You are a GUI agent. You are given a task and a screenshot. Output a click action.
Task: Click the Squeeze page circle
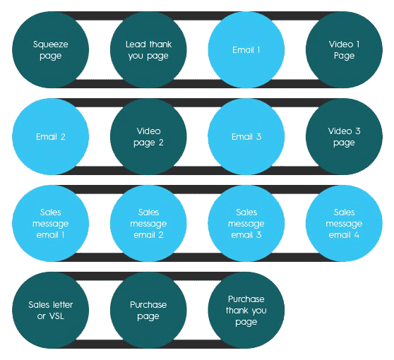(51, 49)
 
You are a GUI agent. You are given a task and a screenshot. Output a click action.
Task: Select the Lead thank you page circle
(148, 49)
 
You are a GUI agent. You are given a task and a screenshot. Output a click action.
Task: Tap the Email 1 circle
(246, 49)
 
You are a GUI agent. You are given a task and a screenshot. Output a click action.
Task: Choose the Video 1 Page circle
(345, 49)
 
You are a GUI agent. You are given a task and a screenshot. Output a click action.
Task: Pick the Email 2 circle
(51, 136)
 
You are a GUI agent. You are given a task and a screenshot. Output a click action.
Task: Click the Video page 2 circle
(148, 136)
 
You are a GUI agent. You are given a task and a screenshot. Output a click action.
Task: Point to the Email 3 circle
(246, 136)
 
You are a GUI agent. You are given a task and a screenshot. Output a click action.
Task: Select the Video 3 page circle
(345, 136)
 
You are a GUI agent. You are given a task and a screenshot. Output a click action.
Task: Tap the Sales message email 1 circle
(51, 223)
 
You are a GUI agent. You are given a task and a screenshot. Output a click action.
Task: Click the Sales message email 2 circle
(148, 223)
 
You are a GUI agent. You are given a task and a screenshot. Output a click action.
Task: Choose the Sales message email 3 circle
(246, 223)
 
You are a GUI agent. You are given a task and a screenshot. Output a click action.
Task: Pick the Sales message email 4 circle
(345, 223)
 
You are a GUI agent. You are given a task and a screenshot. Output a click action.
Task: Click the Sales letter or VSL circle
(51, 310)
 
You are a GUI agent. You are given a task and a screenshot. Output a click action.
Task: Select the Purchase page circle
(148, 310)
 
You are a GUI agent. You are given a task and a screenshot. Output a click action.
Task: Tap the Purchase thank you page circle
(246, 310)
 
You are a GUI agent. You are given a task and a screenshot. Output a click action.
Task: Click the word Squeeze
(51, 44)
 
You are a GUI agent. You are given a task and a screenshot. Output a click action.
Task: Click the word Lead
(136, 44)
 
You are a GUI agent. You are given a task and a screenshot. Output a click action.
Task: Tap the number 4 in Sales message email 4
(357, 235)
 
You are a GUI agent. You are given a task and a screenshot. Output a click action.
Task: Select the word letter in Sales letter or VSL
(62, 304)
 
